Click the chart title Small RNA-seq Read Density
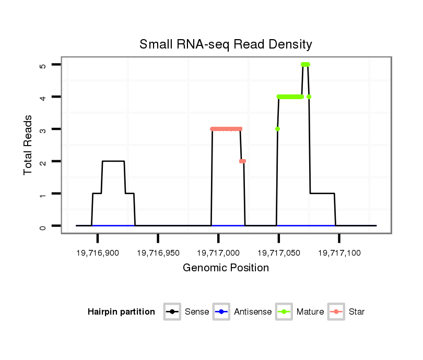pos(226,44)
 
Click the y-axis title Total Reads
pos(29,145)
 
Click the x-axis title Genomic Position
pos(226,268)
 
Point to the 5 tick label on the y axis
pos(43,65)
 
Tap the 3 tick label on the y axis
pos(43,129)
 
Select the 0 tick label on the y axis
pos(43,226)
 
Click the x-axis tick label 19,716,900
pos(98,253)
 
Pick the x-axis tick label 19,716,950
pos(158,253)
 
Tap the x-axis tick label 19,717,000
pos(218,253)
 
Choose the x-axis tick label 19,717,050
pos(279,253)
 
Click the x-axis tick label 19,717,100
pos(339,253)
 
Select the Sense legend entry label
pos(197,312)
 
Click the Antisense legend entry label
pos(253,312)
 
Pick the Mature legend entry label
pos(310,312)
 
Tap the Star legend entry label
pos(357,312)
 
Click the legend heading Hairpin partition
pos(121,312)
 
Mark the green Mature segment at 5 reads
pos(305,65)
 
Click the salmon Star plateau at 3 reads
pos(226,129)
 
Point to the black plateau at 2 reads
pos(113,161)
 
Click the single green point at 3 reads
pos(278,129)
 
